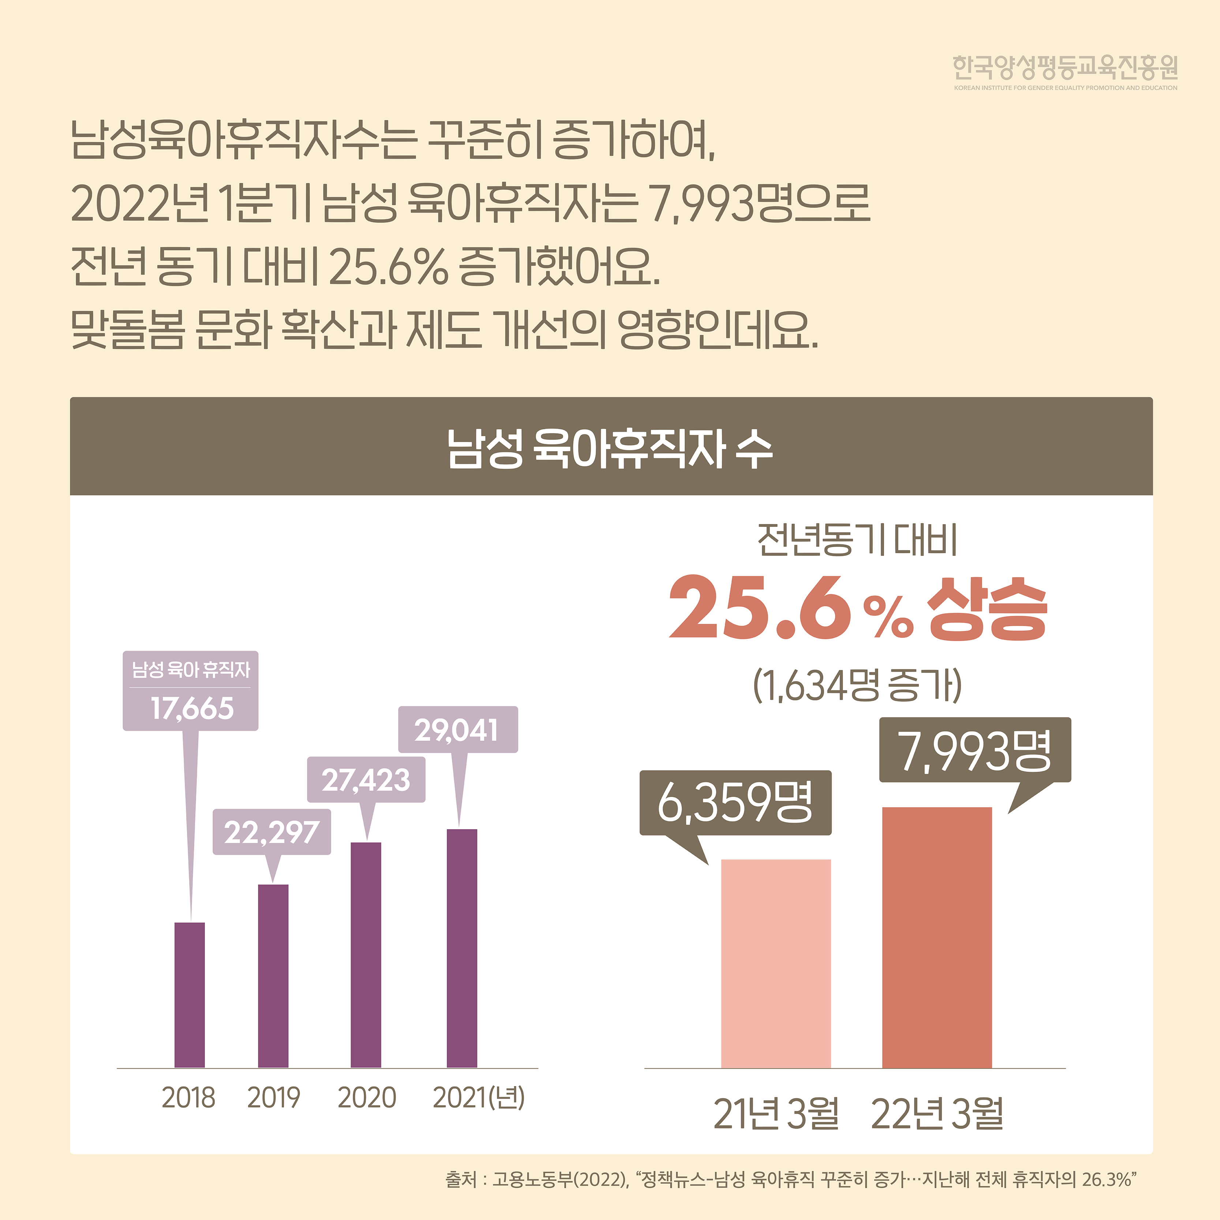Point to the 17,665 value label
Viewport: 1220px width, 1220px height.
pyautogui.click(x=191, y=708)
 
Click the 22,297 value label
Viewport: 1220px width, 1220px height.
pyautogui.click(x=272, y=832)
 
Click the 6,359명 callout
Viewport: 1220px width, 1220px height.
pyautogui.click(x=735, y=802)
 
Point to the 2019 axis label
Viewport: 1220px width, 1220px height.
pyautogui.click(x=273, y=1097)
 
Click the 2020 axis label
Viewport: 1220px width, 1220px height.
pyautogui.click(x=366, y=1097)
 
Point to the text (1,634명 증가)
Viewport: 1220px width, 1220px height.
pyautogui.click(x=857, y=685)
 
